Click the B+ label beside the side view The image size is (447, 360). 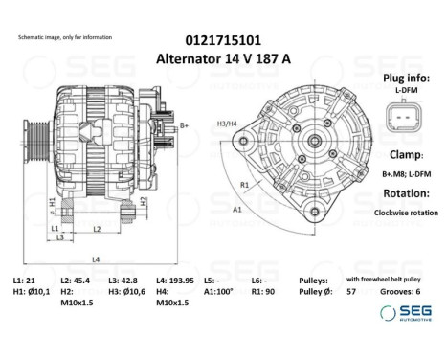click(184, 125)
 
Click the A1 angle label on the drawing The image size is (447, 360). click(236, 206)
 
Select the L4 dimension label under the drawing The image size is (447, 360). click(95, 259)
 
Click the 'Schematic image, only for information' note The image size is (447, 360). click(64, 36)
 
